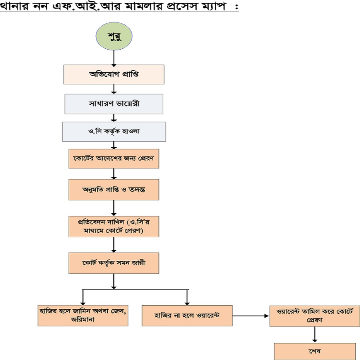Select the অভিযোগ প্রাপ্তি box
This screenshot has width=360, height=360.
coord(114,74)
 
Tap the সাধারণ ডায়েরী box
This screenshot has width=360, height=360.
coord(114,104)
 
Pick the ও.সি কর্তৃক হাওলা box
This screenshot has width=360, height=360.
coord(114,132)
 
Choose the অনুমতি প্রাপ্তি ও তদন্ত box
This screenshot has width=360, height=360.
coord(114,189)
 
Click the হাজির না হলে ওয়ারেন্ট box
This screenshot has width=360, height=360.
coord(187,316)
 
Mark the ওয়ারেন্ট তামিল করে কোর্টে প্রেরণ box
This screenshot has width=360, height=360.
coord(314,316)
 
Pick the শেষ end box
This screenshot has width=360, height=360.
coord(314,351)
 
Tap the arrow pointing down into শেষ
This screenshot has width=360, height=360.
coord(314,334)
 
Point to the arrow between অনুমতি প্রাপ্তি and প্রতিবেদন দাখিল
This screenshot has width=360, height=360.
coord(114,208)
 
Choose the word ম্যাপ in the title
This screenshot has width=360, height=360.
coord(210,7)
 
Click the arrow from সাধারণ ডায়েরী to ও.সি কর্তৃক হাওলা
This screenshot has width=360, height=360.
coord(114,118)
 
